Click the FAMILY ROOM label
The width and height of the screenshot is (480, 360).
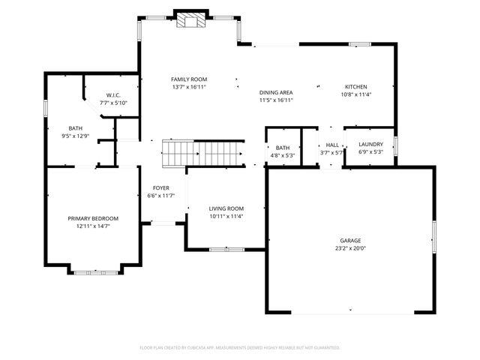tap(189, 79)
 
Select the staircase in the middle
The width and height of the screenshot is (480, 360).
tap(203, 154)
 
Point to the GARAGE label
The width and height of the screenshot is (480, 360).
tap(350, 241)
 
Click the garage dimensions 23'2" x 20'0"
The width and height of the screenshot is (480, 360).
tap(350, 248)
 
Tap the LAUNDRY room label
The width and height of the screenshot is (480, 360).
tap(370, 144)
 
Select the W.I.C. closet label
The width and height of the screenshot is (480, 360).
tap(113, 95)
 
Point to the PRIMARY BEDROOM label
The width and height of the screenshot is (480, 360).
tap(93, 218)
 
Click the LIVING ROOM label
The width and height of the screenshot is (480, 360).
tap(226, 208)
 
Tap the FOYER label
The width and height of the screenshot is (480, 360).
tap(161, 188)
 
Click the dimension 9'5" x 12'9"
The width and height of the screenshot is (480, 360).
tap(75, 136)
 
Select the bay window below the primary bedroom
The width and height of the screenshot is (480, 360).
tap(95, 272)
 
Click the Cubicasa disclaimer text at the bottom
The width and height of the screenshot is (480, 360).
tap(240, 348)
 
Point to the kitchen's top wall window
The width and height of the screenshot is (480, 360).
tap(360, 44)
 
